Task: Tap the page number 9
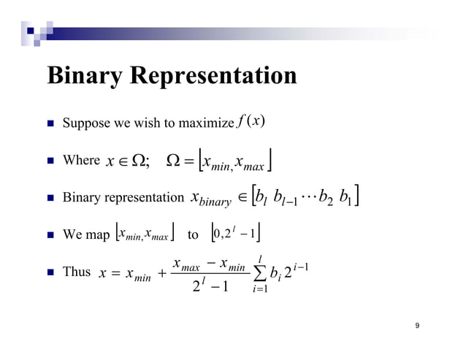click(417, 326)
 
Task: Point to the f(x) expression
click(250, 120)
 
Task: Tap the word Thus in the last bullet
click(77, 272)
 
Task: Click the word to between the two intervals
click(193, 236)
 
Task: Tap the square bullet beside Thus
click(50, 272)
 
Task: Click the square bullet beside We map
click(50, 235)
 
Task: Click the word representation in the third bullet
click(141, 198)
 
